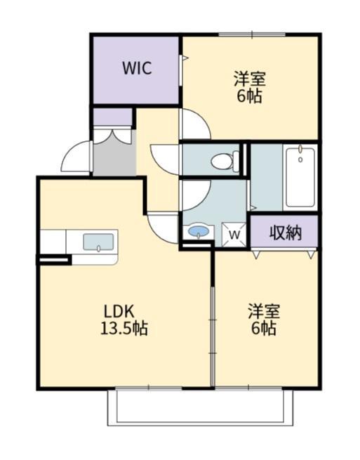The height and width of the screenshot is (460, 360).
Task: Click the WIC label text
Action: coord(136,69)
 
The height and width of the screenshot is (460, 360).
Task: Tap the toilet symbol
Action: coord(224,160)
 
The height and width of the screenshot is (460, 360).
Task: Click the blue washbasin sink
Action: coord(198,231)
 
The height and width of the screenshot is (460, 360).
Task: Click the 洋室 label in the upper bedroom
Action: coord(249,79)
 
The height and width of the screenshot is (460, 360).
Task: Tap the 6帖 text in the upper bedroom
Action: coord(249,96)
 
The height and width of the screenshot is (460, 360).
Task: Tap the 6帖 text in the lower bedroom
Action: coord(263,328)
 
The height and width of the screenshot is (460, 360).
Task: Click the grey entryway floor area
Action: coord(114,159)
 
